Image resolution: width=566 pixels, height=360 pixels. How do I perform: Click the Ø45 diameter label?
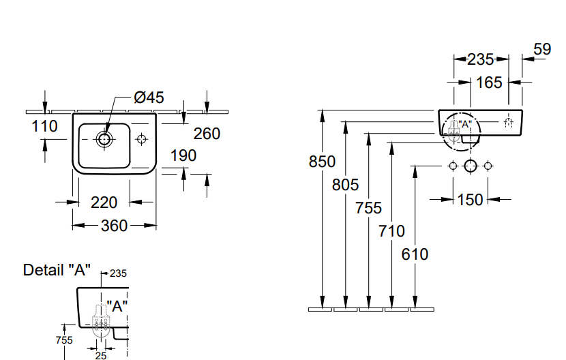click(x=149, y=97)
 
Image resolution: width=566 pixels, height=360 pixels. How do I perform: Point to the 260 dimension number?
click(x=207, y=134)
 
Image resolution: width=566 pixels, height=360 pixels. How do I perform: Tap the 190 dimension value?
click(x=183, y=155)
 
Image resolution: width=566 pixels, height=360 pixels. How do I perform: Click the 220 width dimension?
click(x=104, y=202)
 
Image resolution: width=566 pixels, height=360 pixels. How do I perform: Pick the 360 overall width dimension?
click(x=114, y=225)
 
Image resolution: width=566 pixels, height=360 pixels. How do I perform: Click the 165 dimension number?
click(x=489, y=82)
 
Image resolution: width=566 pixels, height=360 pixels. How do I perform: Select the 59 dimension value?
click(x=541, y=49)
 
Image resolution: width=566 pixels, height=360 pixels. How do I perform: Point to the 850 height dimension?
click(x=322, y=162)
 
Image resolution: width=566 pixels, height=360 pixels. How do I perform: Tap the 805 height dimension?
click(x=345, y=184)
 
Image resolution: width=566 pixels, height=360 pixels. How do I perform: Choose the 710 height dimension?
click(x=391, y=231)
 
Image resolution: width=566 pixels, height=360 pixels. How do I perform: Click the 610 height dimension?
click(x=415, y=254)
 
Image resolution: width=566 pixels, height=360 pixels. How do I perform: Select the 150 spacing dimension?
click(x=470, y=200)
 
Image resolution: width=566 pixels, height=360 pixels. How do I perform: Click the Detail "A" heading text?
click(x=57, y=270)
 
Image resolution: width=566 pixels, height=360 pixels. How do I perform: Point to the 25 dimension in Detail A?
click(x=101, y=355)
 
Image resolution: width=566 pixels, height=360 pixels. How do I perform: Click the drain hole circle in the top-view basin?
click(x=104, y=139)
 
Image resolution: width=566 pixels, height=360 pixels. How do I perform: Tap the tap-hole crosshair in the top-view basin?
click(x=142, y=139)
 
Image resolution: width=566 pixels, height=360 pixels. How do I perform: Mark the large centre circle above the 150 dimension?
click(x=470, y=166)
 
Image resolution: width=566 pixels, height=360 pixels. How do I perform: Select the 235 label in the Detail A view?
click(x=118, y=273)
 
